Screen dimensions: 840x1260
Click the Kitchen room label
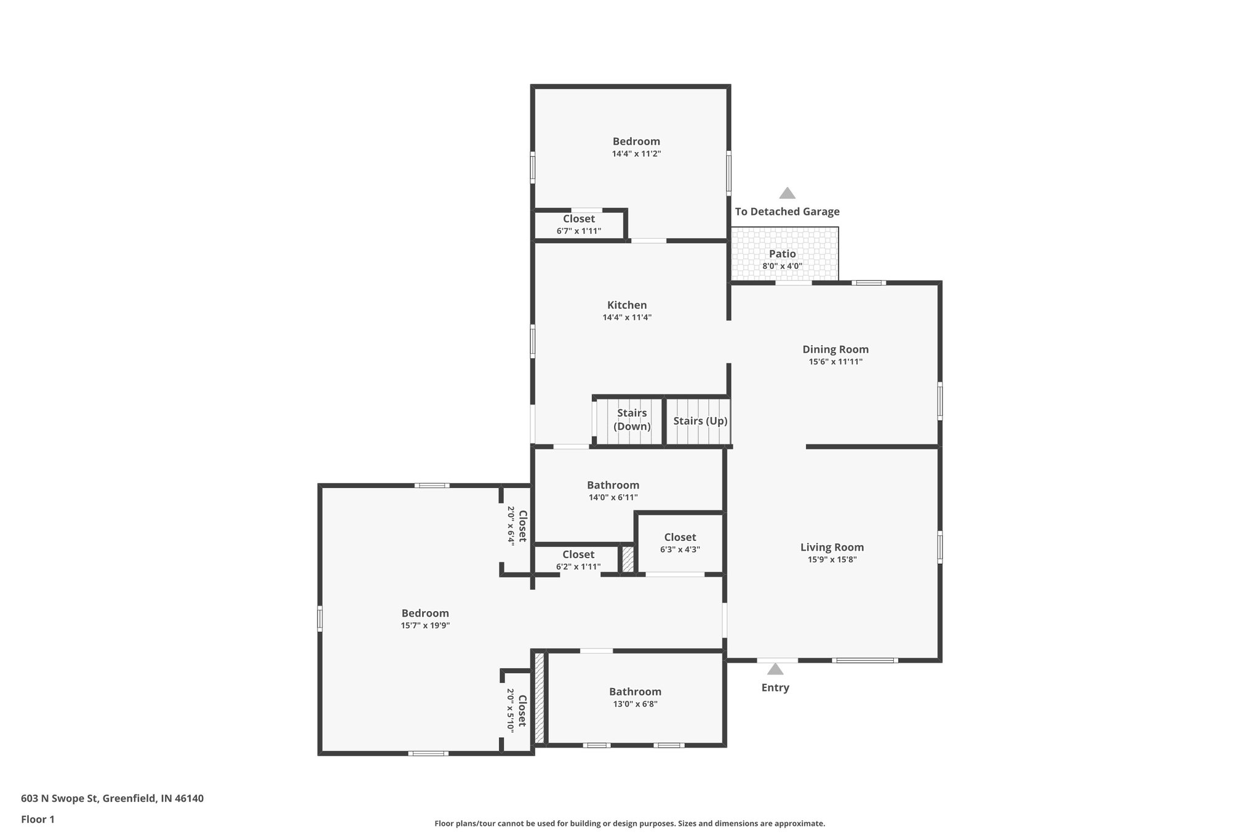point(626,305)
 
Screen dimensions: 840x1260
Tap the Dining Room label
point(835,350)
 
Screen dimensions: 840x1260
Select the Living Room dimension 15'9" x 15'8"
point(832,559)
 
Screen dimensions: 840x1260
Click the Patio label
point(782,254)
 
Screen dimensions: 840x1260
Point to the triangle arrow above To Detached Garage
point(787,193)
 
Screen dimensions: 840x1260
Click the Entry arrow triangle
point(775,669)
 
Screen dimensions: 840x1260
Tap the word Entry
point(775,687)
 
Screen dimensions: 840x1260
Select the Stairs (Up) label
point(700,421)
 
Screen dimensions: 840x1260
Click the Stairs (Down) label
point(632,420)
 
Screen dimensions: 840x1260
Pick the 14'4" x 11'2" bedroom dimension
point(636,154)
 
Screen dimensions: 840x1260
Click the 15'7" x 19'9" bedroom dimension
point(425,625)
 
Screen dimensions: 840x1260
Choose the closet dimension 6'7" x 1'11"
point(579,231)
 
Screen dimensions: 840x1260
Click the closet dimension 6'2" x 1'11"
point(578,567)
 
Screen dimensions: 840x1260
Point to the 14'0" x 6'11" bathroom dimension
point(613,497)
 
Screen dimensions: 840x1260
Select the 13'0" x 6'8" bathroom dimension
point(635,704)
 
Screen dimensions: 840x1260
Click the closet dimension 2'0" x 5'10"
point(511,710)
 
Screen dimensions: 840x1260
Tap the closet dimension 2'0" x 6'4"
point(511,525)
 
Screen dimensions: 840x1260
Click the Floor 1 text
point(38,819)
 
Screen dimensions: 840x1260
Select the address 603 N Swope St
point(112,798)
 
